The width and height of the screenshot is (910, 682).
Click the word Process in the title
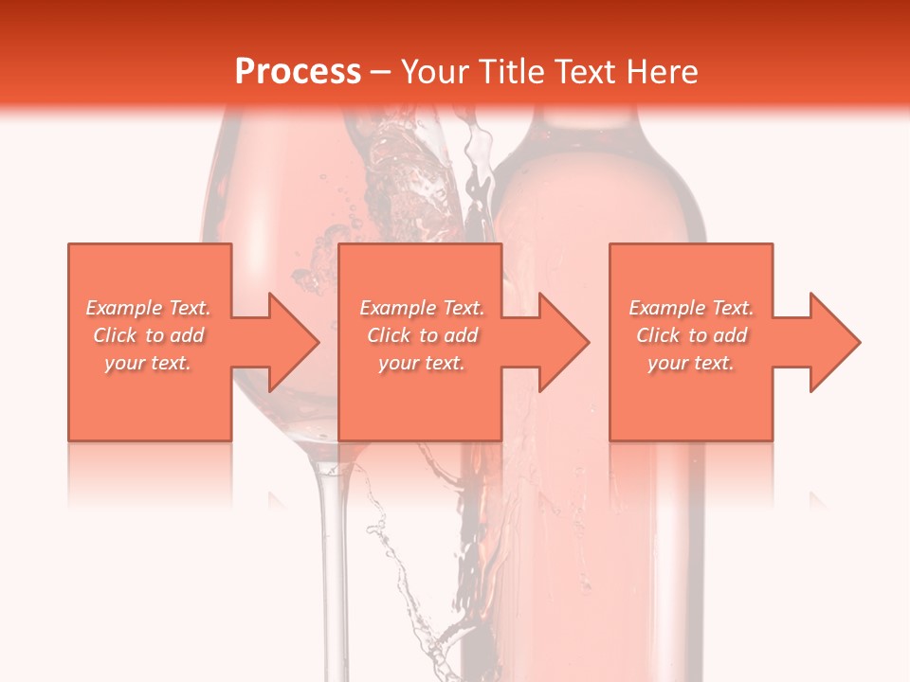point(298,72)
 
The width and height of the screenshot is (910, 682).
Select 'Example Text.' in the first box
point(148,308)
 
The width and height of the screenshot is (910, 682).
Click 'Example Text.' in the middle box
point(422,308)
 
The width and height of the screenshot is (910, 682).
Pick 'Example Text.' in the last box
point(691,308)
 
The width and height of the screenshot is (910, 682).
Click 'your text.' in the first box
point(148,363)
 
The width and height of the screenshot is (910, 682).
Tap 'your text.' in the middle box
point(422,363)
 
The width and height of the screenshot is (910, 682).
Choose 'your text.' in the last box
point(691,363)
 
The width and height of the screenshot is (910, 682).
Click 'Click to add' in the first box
point(148,335)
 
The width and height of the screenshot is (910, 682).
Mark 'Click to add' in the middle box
point(422,335)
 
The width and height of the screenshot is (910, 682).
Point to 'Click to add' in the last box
point(691,335)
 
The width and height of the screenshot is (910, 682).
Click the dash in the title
point(381,73)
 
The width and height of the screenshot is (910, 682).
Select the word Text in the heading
point(584,72)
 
